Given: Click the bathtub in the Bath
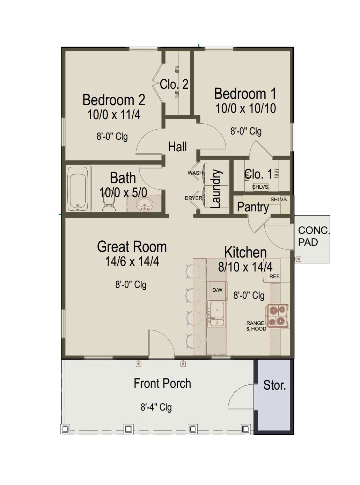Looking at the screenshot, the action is (78, 189).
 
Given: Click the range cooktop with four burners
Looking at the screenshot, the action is (278, 316).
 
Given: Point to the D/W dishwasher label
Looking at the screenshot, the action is (217, 290).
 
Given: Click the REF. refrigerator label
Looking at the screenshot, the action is (274, 276).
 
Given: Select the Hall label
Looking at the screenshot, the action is (177, 146).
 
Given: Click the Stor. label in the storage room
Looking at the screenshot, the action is (274, 391).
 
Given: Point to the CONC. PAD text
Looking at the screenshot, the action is (314, 236).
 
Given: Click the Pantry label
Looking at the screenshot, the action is (253, 207).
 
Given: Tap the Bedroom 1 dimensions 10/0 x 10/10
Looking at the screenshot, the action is (246, 108).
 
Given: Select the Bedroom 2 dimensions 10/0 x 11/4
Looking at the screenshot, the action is (114, 114).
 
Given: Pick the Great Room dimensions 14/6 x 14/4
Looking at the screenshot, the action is (132, 261).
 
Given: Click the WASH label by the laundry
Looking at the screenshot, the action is (195, 173).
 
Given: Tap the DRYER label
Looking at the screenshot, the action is (193, 198).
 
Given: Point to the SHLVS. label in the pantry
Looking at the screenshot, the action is (279, 200).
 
